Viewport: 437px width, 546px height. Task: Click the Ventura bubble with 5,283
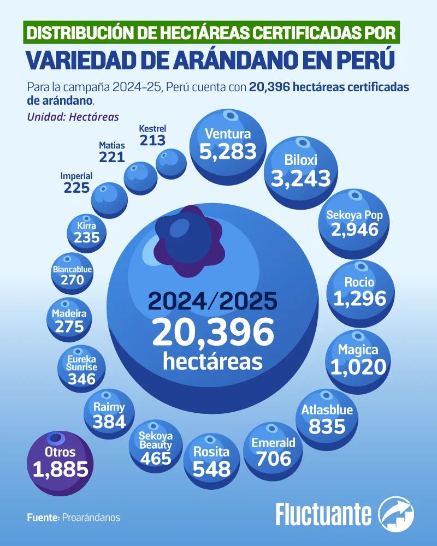(228, 144)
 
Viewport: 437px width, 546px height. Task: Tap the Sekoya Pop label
(354, 215)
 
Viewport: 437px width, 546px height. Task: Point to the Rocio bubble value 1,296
(359, 298)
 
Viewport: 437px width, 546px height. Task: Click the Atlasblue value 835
(327, 426)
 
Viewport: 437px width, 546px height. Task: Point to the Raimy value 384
(109, 422)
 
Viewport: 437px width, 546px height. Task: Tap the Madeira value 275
(69, 327)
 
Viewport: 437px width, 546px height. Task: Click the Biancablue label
(72, 269)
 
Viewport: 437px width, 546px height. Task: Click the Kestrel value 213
(152, 140)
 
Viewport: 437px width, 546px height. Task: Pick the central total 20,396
(213, 332)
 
